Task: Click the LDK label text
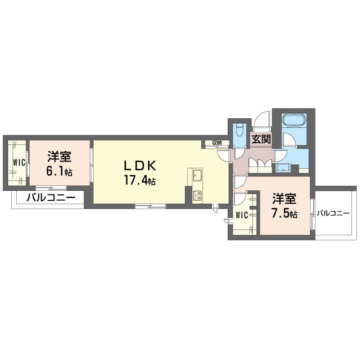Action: point(140,165)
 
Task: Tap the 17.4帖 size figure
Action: point(140,180)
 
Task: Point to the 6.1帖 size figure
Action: point(59,171)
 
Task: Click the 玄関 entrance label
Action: point(261,139)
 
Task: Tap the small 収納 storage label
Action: point(217,143)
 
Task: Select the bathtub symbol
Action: point(294,120)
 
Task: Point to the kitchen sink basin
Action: point(197,175)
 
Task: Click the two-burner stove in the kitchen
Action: point(197,196)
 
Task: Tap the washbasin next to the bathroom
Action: point(283,168)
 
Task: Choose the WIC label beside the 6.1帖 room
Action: point(19,163)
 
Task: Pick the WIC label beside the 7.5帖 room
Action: point(242,215)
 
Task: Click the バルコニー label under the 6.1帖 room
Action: point(51,198)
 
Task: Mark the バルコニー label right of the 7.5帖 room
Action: point(333,213)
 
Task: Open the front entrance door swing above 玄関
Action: point(262,119)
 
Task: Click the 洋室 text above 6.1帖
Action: point(59,157)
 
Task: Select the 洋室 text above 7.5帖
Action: point(284,198)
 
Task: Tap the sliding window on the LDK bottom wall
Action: point(150,206)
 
